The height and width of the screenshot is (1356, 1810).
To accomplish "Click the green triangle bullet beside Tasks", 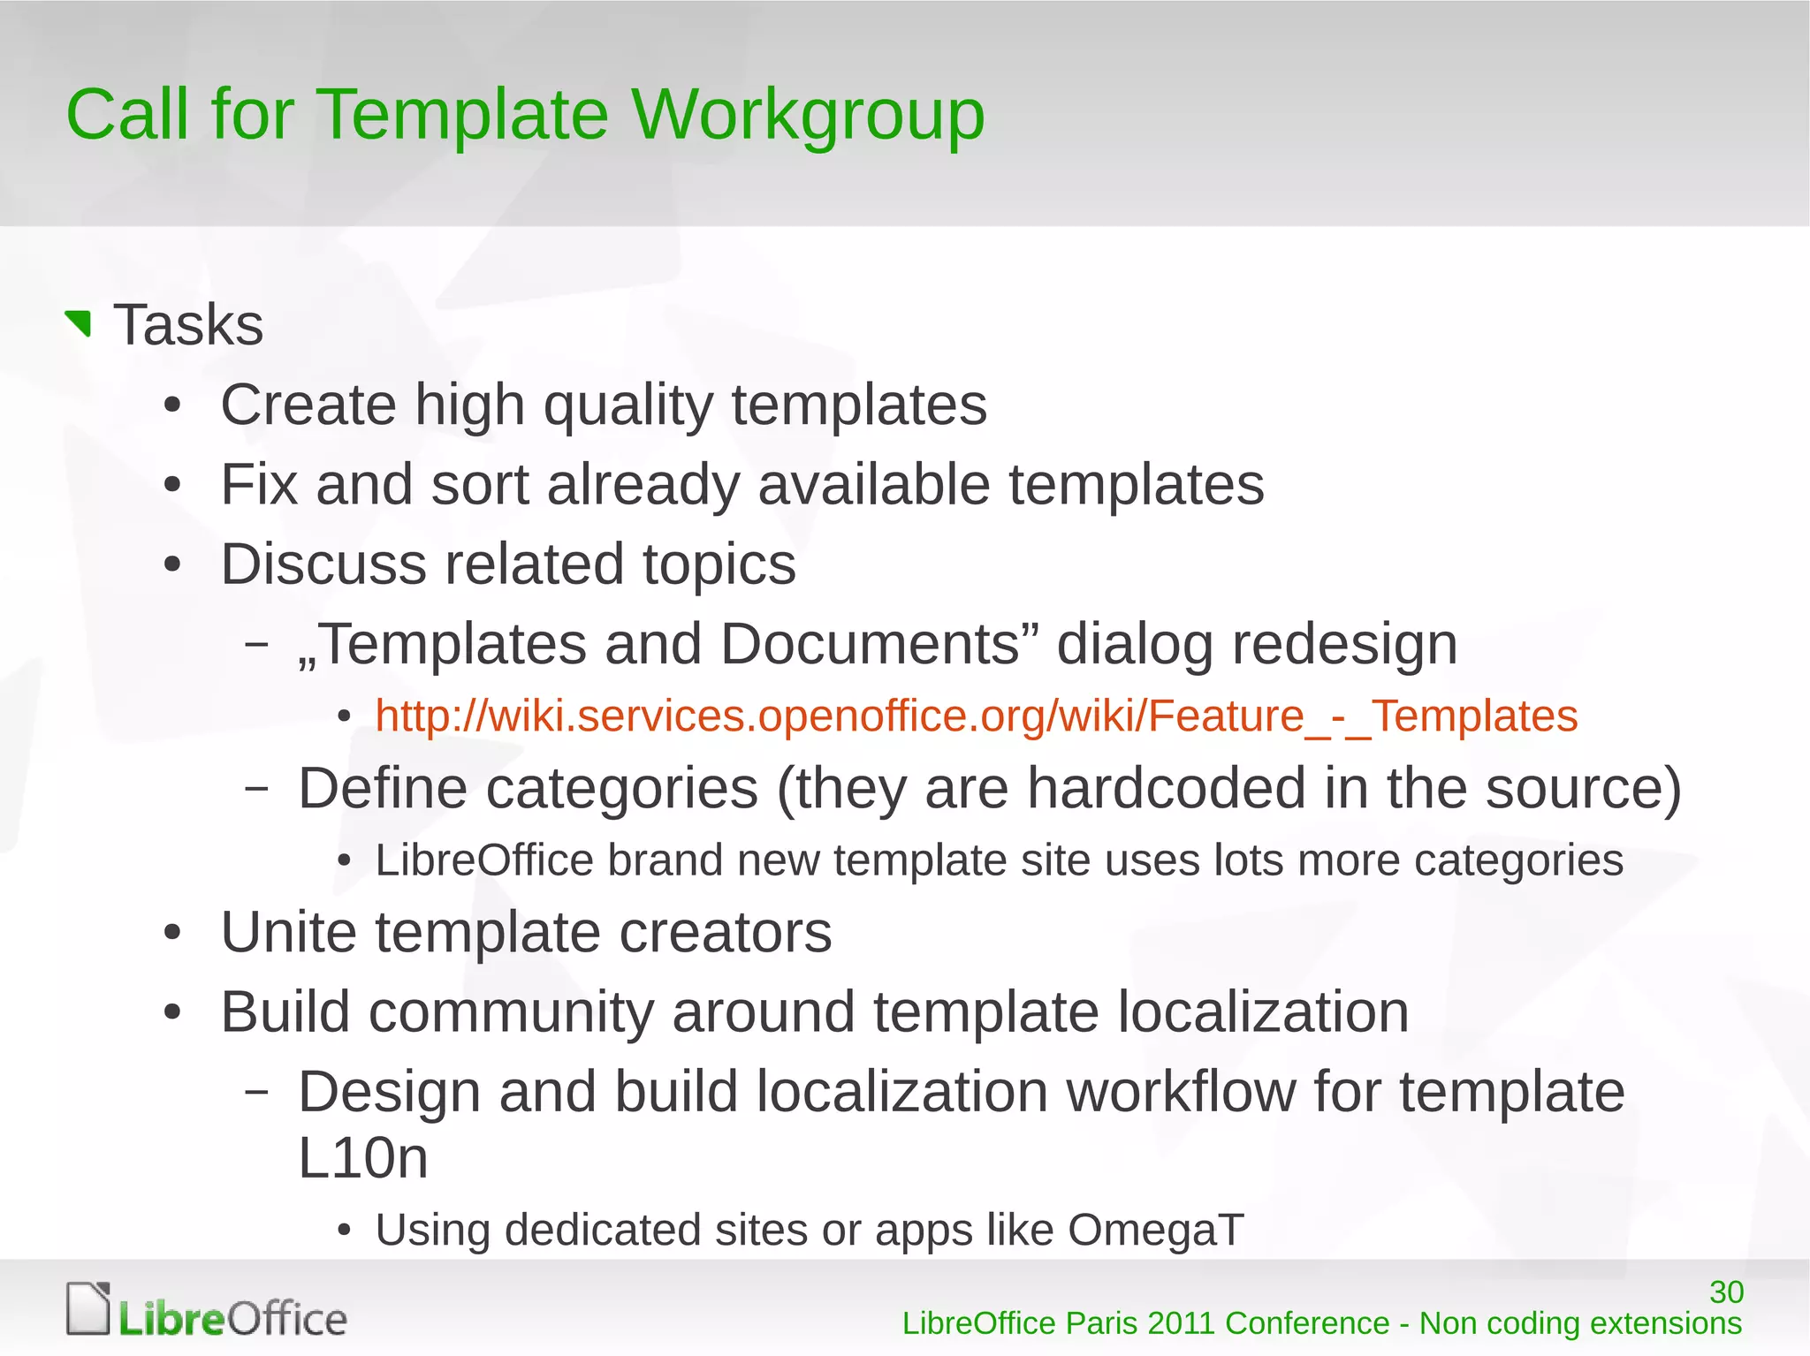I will [x=80, y=323].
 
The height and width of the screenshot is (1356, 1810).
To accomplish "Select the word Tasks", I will [x=188, y=325].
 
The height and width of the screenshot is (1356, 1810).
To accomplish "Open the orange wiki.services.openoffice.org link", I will [x=976, y=716].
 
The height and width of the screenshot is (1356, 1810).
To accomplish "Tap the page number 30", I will [x=1725, y=1292].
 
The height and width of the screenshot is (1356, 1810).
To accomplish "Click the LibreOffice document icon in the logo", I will [x=88, y=1308].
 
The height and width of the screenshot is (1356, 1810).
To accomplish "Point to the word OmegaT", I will [x=1155, y=1230].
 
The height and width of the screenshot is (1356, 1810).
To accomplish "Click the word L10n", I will [x=362, y=1158].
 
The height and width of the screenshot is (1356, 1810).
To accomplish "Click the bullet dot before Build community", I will [x=172, y=1013].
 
